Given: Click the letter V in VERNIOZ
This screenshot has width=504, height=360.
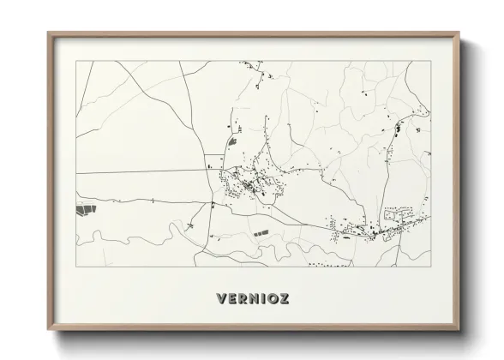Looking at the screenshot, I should pyautogui.click(x=222, y=299).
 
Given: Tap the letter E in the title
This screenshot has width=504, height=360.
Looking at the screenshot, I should pyautogui.click(x=232, y=299).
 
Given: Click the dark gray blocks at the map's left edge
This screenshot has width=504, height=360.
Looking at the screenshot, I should pyautogui.click(x=84, y=208).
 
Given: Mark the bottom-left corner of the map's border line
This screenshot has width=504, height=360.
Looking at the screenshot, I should pyautogui.click(x=76, y=266).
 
